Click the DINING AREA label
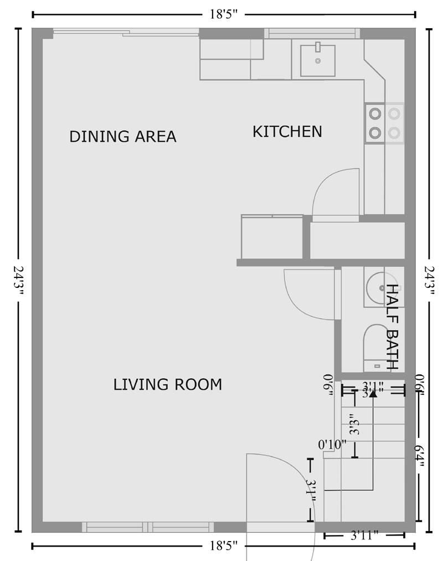122,136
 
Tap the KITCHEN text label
287,132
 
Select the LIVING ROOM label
167,384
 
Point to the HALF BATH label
392,327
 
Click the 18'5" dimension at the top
223,15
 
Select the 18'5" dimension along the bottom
223,547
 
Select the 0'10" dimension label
332,444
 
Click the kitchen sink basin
318,60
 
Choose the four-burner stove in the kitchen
384,123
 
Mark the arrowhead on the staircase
373,393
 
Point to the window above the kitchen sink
313,33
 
